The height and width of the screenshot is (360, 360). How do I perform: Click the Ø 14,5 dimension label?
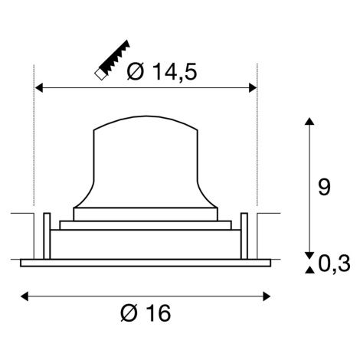(x=162, y=72)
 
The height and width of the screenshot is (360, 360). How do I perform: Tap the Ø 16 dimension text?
(x=146, y=313)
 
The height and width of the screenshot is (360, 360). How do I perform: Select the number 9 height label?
(x=324, y=187)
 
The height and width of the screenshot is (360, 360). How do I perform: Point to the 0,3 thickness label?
(x=334, y=263)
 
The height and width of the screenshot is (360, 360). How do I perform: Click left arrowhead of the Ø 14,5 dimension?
(x=39, y=87)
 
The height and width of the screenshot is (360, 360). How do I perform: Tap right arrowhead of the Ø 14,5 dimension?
(x=253, y=87)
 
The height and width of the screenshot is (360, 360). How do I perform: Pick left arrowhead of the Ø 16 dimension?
(x=25, y=296)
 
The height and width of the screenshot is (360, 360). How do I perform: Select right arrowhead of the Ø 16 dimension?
(x=267, y=296)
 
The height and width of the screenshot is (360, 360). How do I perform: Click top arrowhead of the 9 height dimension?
(x=309, y=121)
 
